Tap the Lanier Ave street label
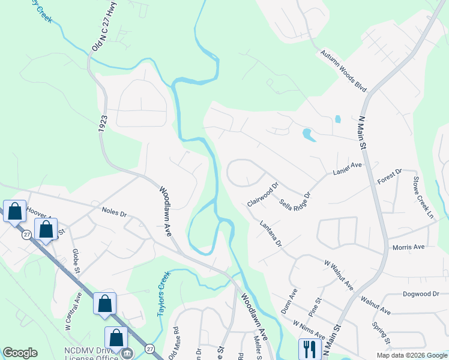click(x=348, y=169)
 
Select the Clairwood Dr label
click(x=264, y=195)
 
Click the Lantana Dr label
click(x=271, y=233)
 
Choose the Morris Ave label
click(x=408, y=247)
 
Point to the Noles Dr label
click(x=114, y=212)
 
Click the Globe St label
click(x=76, y=260)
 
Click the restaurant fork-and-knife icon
click(x=310, y=349)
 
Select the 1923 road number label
click(x=101, y=125)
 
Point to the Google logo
click(x=20, y=353)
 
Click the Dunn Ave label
click(x=289, y=301)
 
